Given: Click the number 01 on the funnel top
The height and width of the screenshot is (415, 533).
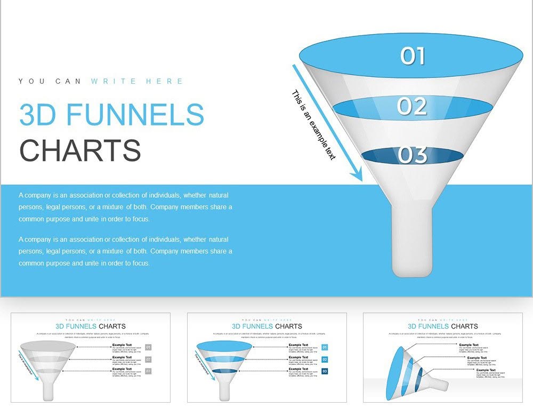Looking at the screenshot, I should pyautogui.click(x=413, y=56).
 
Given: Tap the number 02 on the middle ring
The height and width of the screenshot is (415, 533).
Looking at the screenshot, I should pyautogui.click(x=412, y=107).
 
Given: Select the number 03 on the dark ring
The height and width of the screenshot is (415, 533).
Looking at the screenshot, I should pyautogui.click(x=412, y=155).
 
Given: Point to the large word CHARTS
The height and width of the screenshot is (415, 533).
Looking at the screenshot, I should pyautogui.click(x=80, y=150).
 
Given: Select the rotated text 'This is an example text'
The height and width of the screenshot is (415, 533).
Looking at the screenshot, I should pyautogui.click(x=314, y=125).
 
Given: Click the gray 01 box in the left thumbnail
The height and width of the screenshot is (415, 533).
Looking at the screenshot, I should pyautogui.click(x=148, y=347).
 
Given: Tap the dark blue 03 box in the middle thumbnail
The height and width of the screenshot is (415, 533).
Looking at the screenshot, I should pyautogui.click(x=325, y=371).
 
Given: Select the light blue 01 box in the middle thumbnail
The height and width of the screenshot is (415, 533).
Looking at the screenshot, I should pyautogui.click(x=325, y=347).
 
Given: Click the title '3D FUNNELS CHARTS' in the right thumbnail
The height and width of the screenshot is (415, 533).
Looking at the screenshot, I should pyautogui.click(x=442, y=326).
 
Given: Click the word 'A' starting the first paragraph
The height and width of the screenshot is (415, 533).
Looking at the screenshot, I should pyautogui.click(x=21, y=195).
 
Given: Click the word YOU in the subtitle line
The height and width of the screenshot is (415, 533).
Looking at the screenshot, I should pyautogui.click(x=29, y=82).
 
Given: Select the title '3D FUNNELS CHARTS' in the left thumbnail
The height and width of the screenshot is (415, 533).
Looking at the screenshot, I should pyautogui.click(x=91, y=326).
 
